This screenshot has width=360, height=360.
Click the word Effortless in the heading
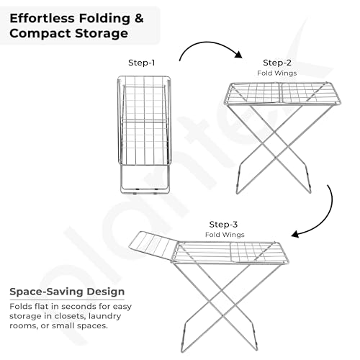pyautogui.click(x=42, y=19)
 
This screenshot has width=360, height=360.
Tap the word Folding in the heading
pyautogui.click(x=104, y=19)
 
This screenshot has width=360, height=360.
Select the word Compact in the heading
pyautogui.click(x=40, y=34)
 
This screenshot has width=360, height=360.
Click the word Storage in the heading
pyautogui.click(x=102, y=34)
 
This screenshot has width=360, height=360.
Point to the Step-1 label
pyautogui.click(x=142, y=63)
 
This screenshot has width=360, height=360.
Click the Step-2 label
pyautogui.click(x=277, y=63)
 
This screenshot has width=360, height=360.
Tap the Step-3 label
pyautogui.click(x=223, y=225)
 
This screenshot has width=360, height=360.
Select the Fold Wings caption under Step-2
pyautogui.click(x=277, y=73)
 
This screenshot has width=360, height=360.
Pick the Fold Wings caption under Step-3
pyautogui.click(x=225, y=235)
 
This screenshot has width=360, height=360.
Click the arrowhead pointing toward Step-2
pyautogui.click(x=238, y=55)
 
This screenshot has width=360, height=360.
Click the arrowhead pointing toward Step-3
pyautogui.click(x=295, y=234)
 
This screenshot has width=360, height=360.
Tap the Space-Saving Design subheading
pyautogui.click(x=67, y=292)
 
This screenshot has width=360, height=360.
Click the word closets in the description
pyautogui.click(x=70, y=316)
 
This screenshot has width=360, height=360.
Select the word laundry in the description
pyautogui.click(x=104, y=317)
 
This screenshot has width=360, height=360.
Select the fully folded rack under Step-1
pyautogui.click(x=144, y=135)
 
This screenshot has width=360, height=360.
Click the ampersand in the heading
pyautogui.click(x=139, y=19)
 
